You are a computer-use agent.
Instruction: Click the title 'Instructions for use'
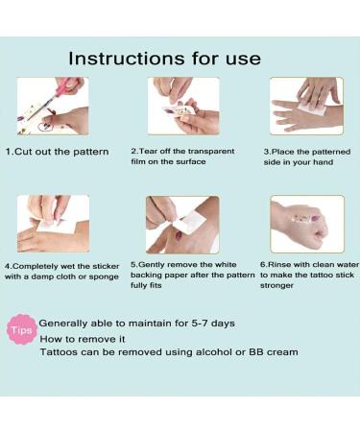coord(164,59)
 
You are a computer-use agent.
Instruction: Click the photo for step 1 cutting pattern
coord(53,106)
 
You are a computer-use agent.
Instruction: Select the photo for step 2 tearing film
coord(183,106)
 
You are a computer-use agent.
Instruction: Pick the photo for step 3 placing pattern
coord(306,106)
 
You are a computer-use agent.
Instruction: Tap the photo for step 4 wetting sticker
coord(53,224)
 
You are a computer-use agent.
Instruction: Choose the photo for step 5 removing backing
coord(182,224)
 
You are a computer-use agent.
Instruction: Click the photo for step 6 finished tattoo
coord(306,224)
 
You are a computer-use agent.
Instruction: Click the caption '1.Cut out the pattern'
coord(57,152)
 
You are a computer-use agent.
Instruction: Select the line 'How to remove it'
coord(81,338)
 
